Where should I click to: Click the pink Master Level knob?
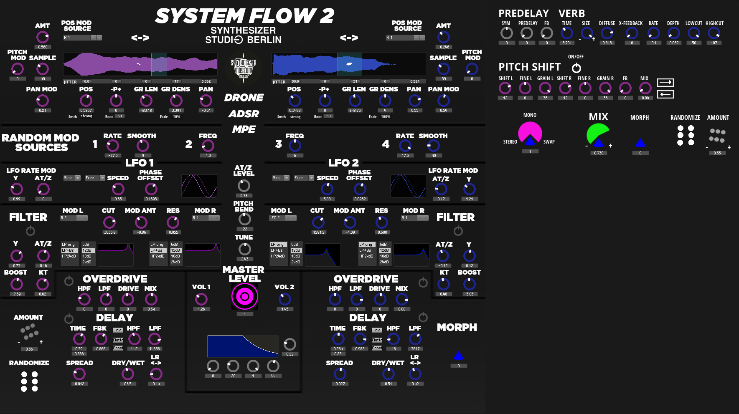click(245, 297)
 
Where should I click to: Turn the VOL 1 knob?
click(201, 299)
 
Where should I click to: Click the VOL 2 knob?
click(285, 299)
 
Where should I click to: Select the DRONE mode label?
click(244, 98)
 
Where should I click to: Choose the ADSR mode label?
click(244, 114)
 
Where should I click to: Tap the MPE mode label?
click(244, 129)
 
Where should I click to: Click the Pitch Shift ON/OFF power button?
click(576, 68)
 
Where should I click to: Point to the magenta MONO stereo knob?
click(530, 133)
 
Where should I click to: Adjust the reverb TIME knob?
click(567, 33)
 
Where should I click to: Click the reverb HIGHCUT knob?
click(714, 33)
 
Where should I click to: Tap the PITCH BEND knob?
click(245, 219)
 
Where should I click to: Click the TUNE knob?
click(245, 249)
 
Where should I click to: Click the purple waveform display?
click(140, 64)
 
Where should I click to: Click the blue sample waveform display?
click(348, 64)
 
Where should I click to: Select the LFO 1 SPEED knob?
click(118, 189)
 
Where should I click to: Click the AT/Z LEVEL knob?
click(244, 185)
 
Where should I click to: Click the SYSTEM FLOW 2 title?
click(244, 16)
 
